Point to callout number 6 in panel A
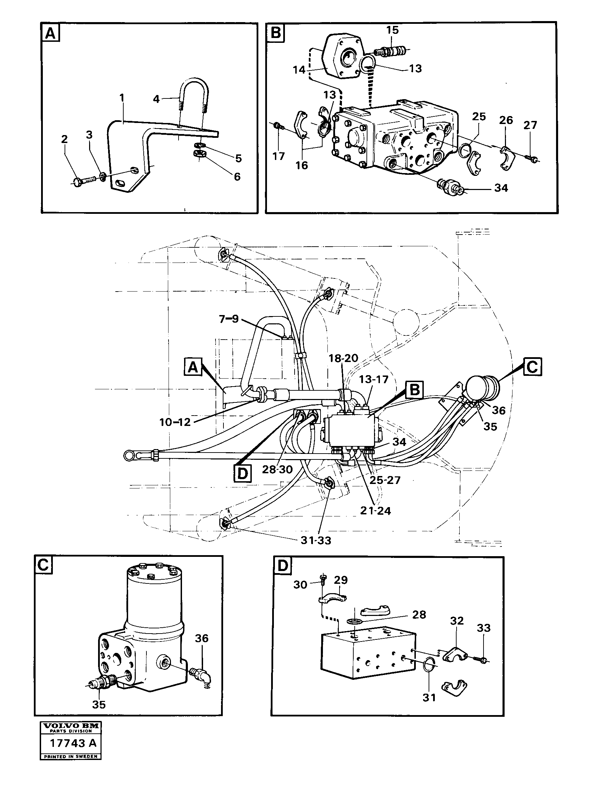point(237,177)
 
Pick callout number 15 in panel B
point(392,31)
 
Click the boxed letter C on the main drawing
point(532,367)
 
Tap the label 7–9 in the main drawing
point(229,319)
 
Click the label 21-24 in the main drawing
point(375,511)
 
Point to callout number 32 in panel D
point(457,621)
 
